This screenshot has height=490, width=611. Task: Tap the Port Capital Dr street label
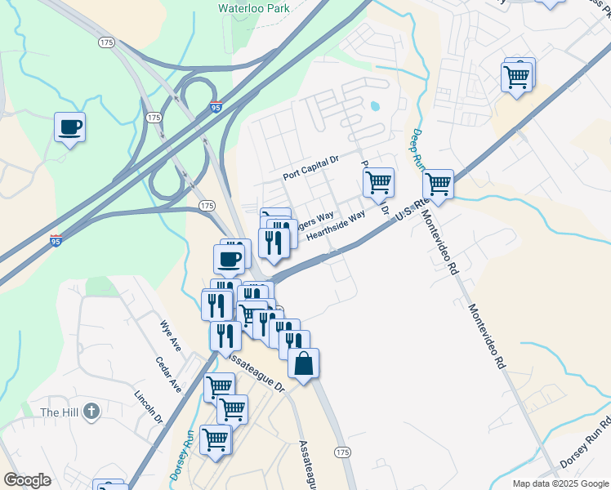pos(310,168)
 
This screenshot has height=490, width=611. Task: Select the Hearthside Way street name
pos(335,226)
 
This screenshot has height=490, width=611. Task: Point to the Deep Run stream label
pos(418,150)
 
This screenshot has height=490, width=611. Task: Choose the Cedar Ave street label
pos(169,374)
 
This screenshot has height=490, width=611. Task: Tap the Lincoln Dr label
pos(148,406)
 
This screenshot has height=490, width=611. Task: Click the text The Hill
pos(60,412)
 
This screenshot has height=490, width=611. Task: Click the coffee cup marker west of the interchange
pos(69,127)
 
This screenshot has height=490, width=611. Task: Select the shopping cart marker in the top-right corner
pos(517,77)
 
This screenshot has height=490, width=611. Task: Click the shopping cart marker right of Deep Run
pos(439,184)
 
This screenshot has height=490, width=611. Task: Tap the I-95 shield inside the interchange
pos(216,107)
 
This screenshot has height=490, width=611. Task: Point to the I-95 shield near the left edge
pos(56,240)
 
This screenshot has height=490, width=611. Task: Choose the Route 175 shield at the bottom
pos(342,452)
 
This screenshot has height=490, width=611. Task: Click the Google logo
pos(27,480)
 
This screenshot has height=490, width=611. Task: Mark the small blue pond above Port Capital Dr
pos(375,105)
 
